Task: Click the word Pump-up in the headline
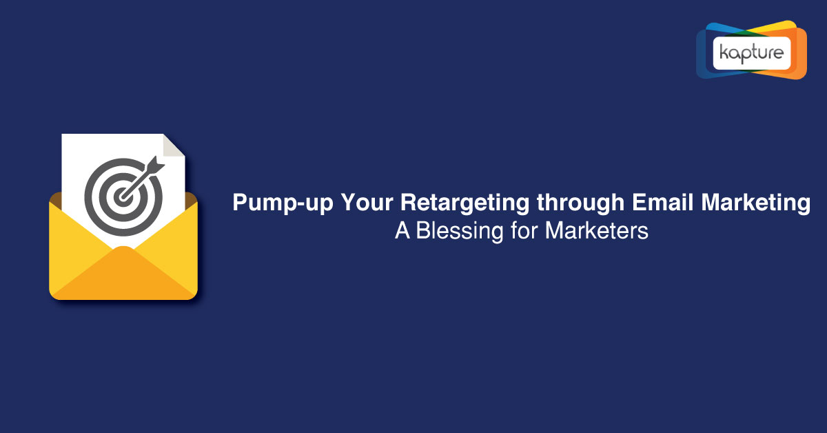pos(283,203)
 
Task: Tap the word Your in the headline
pos(367,202)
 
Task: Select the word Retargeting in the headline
pos(464,203)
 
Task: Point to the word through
pos(580,203)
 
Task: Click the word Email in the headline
pos(662,202)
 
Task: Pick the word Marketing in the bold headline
pos(755,203)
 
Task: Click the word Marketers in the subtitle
pos(596,230)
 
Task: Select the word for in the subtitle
pos(524,230)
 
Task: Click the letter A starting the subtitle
pos(402,230)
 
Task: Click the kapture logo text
pos(751,53)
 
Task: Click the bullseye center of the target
pos(123,197)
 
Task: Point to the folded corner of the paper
pos(174,145)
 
